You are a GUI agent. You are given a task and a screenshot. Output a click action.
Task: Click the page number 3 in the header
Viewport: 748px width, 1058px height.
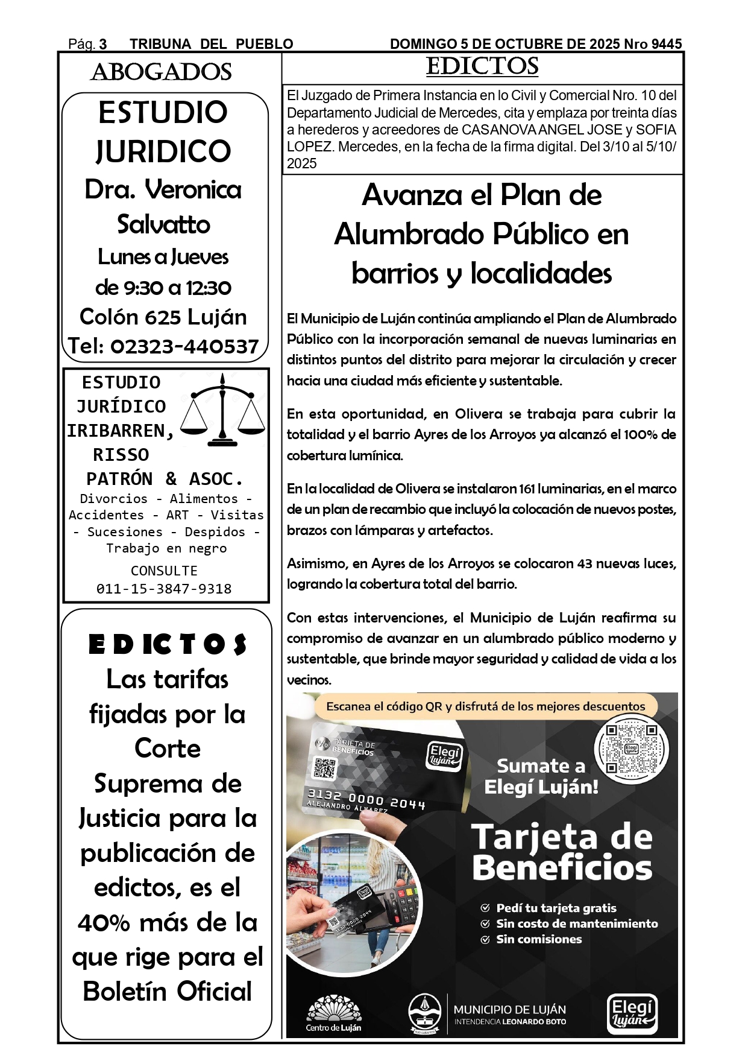(x=103, y=44)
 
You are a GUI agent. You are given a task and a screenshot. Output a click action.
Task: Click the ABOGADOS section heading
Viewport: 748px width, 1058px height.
(x=161, y=72)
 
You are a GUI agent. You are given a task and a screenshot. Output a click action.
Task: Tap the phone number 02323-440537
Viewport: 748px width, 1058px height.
(x=184, y=346)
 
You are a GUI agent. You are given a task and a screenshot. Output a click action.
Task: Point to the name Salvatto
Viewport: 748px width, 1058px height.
(x=163, y=224)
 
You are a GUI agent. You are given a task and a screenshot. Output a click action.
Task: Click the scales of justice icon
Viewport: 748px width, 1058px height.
(x=222, y=410)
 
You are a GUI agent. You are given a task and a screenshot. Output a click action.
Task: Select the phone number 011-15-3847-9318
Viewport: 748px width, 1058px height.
(x=164, y=589)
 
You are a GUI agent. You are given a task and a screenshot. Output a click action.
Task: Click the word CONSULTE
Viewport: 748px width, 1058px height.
(x=164, y=571)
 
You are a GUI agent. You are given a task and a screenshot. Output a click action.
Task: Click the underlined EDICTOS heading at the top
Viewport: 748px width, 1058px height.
(x=482, y=67)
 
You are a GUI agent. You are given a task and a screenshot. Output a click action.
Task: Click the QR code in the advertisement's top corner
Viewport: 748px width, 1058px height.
(x=631, y=749)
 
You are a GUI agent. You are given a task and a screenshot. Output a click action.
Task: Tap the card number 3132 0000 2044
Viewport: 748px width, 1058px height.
(x=366, y=799)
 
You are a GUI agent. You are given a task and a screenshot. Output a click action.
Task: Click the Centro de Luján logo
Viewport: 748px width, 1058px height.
(x=333, y=1015)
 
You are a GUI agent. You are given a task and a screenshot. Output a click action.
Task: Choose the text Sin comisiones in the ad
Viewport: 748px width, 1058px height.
(x=538, y=939)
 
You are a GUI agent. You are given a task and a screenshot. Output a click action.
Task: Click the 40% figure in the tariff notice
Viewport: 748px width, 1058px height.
(x=104, y=923)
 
